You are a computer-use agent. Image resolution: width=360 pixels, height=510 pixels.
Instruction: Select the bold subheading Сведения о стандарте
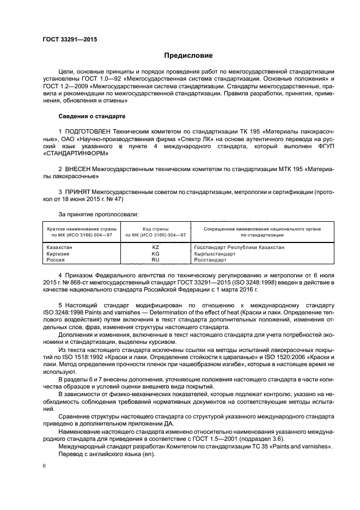[92, 116]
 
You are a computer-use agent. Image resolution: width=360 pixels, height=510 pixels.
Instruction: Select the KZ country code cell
[155, 247]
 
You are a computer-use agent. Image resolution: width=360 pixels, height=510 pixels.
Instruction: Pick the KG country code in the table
[155, 254]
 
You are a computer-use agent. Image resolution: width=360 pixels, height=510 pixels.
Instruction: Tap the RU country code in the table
[155, 260]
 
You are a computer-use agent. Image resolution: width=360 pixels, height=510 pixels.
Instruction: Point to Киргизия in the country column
[59, 254]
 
